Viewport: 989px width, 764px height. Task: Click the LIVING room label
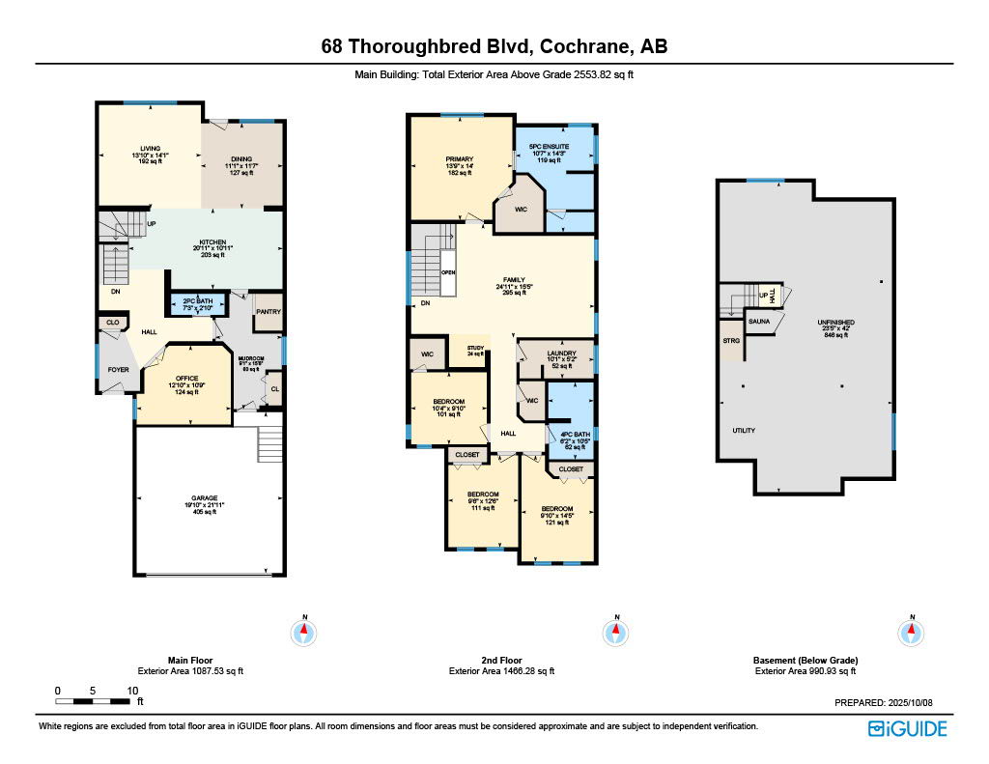[x=150, y=149]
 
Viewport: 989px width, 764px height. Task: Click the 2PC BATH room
[x=197, y=302]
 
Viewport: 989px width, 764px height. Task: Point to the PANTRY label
[x=266, y=312]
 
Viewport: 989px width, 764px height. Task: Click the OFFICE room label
[x=186, y=378]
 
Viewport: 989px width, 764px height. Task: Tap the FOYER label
[x=118, y=369]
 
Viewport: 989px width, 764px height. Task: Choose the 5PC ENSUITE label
[x=548, y=147]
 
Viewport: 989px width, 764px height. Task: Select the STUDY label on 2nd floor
[x=475, y=348]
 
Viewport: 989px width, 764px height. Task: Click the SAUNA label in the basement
[x=759, y=320]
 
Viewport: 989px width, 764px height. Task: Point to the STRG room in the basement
[x=730, y=340]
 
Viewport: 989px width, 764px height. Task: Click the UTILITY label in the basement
[x=744, y=431]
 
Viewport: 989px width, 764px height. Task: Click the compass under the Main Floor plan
[x=304, y=633]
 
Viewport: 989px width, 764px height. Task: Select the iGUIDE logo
[x=907, y=728]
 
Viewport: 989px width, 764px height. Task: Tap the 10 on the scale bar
[x=132, y=691]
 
